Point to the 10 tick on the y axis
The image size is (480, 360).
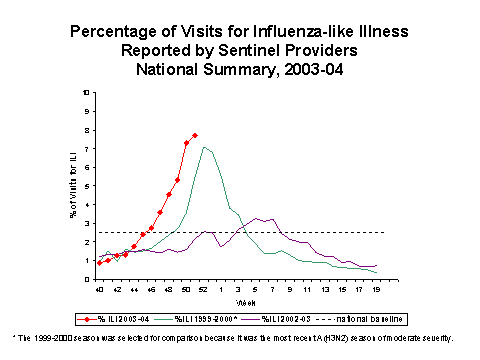85,92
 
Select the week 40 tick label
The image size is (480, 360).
99,288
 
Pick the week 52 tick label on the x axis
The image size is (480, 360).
204,288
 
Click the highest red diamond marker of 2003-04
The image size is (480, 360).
195,135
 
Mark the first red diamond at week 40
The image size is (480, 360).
99,263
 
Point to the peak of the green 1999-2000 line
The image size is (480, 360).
204,147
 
